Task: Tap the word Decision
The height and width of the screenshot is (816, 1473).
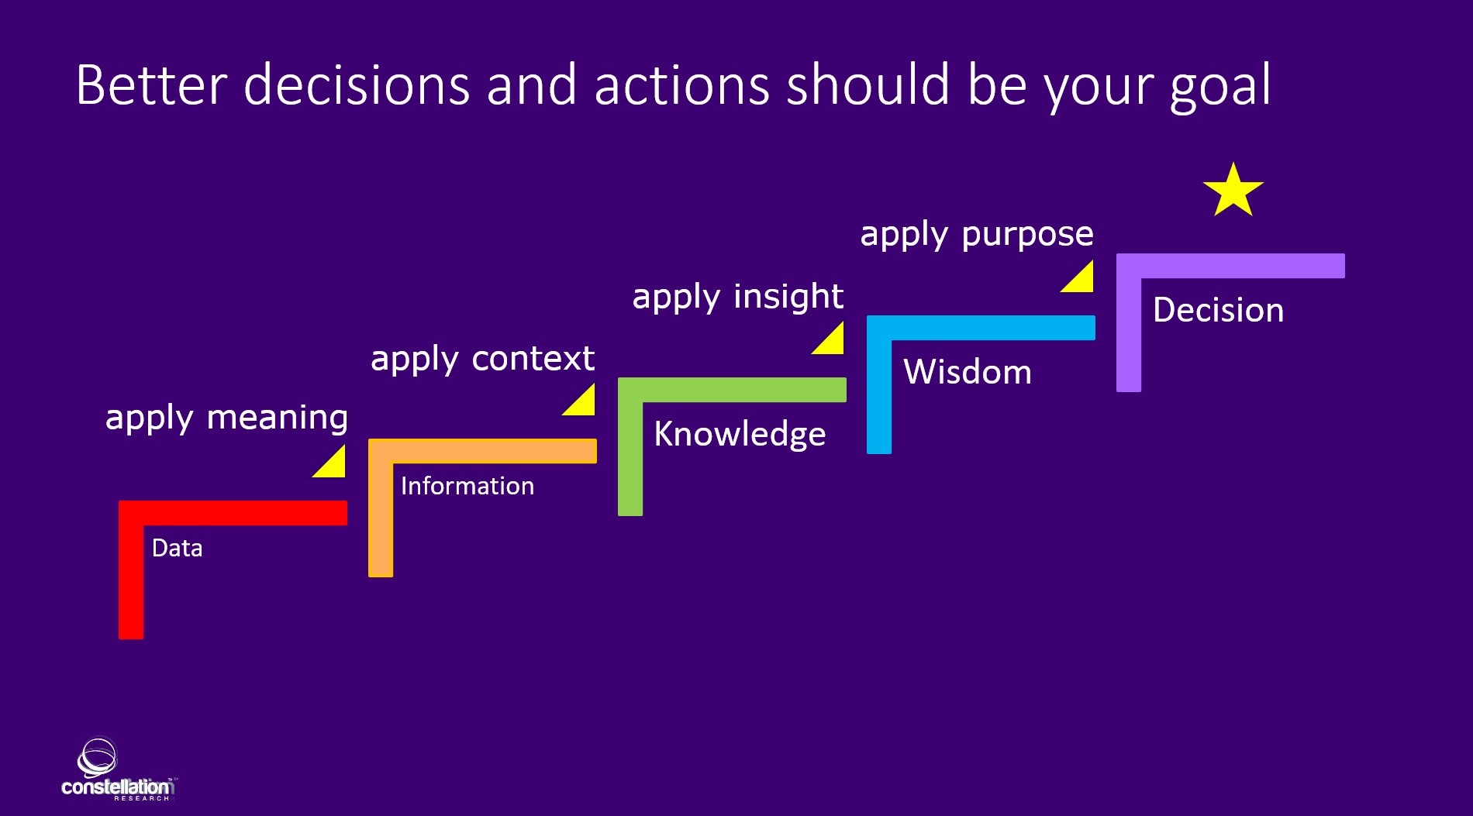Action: click(x=1218, y=310)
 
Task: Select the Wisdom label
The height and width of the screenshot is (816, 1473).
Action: click(x=967, y=372)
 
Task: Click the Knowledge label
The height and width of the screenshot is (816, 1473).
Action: click(x=740, y=434)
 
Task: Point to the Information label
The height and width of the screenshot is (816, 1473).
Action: click(x=467, y=486)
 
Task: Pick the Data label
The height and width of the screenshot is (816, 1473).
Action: click(x=177, y=548)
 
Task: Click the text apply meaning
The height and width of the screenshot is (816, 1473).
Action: click(x=226, y=418)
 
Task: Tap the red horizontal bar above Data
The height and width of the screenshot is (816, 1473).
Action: click(x=233, y=513)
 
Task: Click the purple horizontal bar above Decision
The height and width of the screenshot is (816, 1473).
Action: click(x=1230, y=266)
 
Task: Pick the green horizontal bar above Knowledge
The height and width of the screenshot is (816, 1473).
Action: click(x=732, y=390)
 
